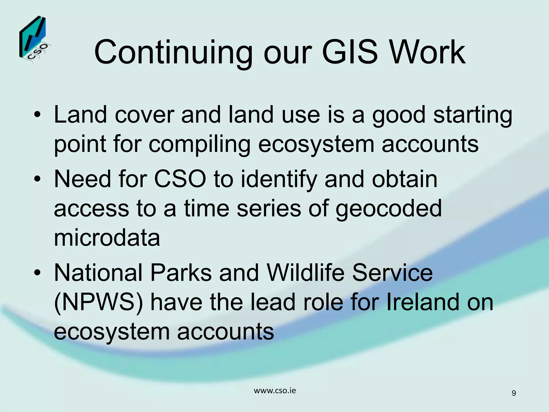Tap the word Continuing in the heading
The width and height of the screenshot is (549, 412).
pos(173,53)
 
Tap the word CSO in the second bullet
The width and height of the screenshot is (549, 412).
pos(180,179)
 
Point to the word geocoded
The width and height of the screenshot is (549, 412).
pos(388,209)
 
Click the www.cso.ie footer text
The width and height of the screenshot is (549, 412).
pos(275,391)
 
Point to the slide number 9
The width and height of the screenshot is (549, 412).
pos(514,393)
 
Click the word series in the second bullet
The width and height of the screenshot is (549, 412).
pos(269,209)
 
